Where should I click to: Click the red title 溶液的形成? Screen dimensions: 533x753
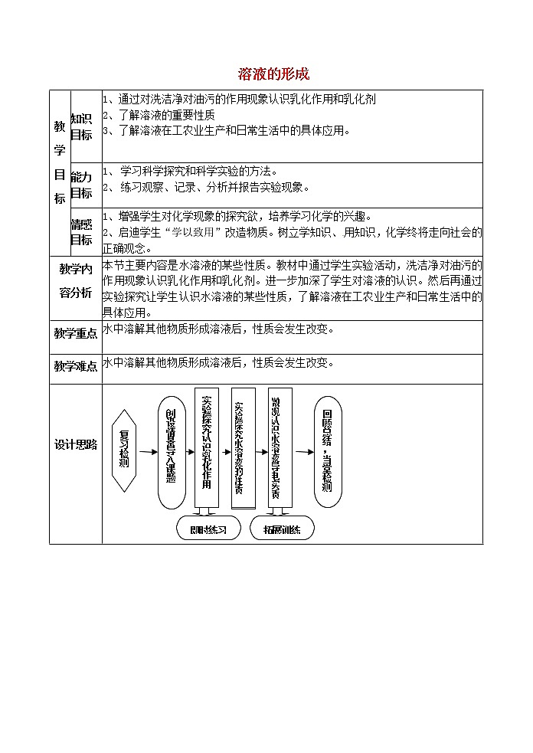coord(273,74)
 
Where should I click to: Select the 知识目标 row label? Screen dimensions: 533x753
coord(81,126)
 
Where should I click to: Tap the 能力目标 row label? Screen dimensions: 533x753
coord(81,185)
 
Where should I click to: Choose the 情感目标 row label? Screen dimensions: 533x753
coord(81,231)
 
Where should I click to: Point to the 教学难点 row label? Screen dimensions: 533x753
coord(75,366)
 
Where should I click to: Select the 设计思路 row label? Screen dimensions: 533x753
coord(75,445)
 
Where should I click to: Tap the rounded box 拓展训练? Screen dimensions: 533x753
coord(282,529)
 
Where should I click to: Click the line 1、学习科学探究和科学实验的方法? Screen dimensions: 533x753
coord(190,171)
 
